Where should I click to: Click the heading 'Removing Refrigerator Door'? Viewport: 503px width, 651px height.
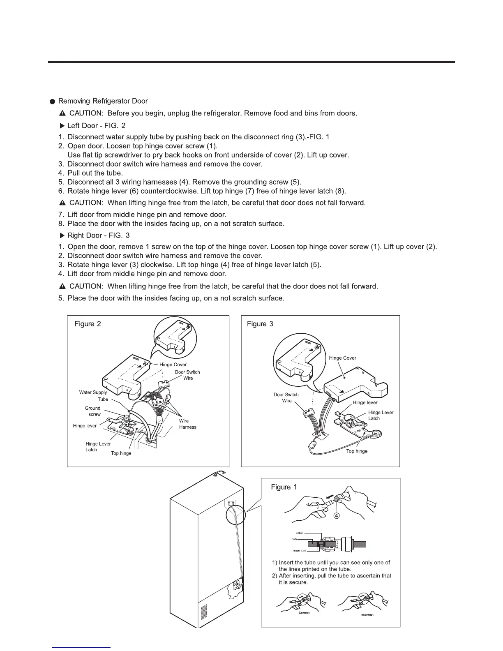point(103,101)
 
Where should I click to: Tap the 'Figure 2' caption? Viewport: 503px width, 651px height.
point(88,324)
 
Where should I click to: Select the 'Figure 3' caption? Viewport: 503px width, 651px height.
point(260,324)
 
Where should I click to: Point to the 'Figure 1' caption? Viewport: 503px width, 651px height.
point(284,487)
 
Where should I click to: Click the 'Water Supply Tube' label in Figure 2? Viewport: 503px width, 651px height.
point(93,396)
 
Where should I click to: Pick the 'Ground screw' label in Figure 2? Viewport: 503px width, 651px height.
point(93,411)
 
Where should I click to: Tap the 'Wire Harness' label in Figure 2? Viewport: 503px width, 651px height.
point(187,424)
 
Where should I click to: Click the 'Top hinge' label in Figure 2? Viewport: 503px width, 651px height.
point(121,453)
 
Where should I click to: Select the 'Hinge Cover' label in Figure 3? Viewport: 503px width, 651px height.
point(343,358)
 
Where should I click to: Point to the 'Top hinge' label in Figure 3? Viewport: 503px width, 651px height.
point(357,451)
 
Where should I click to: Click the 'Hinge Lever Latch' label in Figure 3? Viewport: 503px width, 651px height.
point(381,416)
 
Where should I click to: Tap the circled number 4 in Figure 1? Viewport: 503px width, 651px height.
point(336,516)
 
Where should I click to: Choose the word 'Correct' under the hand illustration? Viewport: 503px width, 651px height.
point(304,613)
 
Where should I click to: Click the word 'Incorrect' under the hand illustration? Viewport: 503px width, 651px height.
point(367,615)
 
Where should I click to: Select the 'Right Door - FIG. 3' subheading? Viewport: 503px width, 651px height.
point(99,235)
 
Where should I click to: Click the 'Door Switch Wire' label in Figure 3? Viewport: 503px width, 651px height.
point(286,398)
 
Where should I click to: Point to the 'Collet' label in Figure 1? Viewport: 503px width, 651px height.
point(299,533)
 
